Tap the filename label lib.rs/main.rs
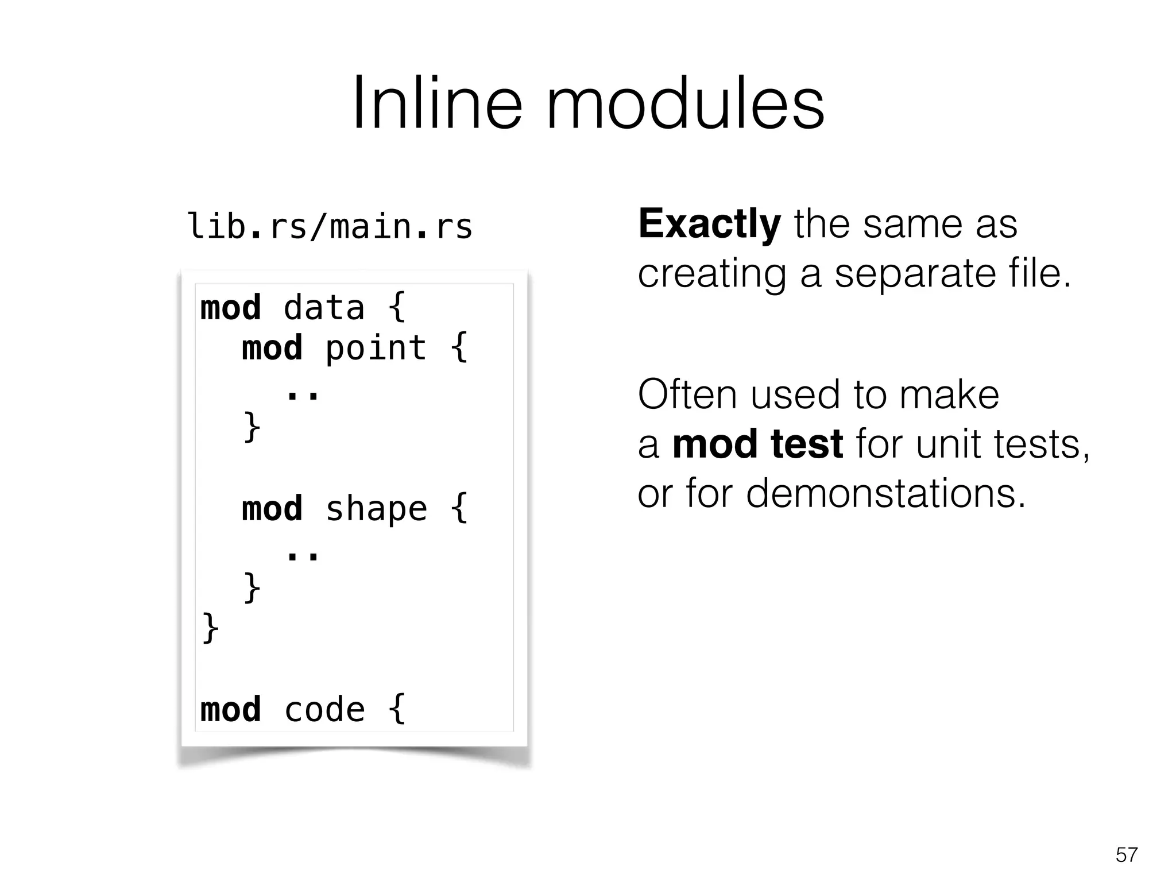click(x=330, y=226)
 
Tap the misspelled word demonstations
click(x=885, y=493)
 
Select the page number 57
click(x=1126, y=855)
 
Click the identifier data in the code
click(x=324, y=308)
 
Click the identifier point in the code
click(x=376, y=348)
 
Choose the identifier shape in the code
click(x=376, y=509)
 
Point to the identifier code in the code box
click(x=324, y=710)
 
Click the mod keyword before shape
click(x=272, y=509)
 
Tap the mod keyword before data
click(x=230, y=308)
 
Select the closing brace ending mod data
click(x=210, y=629)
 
